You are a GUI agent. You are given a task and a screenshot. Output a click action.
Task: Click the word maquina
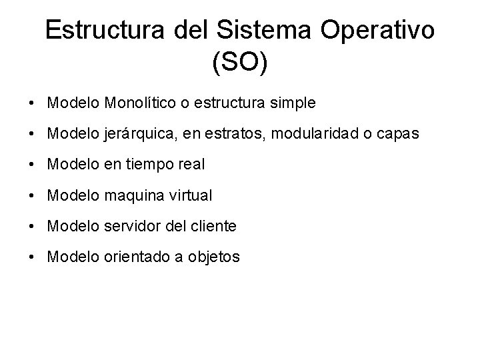133,196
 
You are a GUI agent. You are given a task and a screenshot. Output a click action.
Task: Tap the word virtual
190,196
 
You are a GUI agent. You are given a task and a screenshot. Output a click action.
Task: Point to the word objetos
216,257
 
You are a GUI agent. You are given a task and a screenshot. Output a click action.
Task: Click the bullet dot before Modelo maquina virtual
32,197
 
